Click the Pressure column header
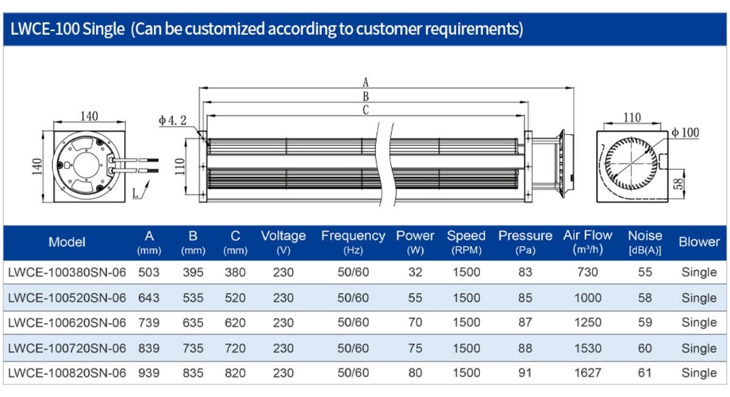pos(525,241)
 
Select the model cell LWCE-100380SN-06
pos(67,272)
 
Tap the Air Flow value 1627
pos(588,373)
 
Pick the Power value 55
pos(415,298)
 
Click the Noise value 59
pos(645,322)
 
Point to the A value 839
pos(149,348)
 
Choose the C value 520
pos(235,298)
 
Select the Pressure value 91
pos(525,373)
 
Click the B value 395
pos(193,272)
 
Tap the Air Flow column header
pos(588,241)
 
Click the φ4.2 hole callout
pos(173,120)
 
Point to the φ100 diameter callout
pos(686,133)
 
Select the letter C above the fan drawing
pos(366,110)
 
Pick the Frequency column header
pos(353,241)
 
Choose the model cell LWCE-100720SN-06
pos(67,348)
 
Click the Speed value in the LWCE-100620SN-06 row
pos(466,322)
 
